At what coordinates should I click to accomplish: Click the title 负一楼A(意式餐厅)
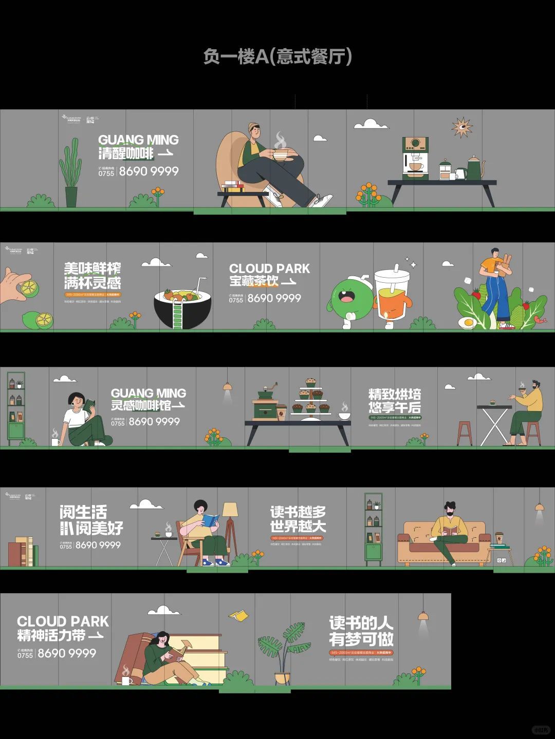click(277, 56)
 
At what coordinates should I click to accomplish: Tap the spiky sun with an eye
click(461, 127)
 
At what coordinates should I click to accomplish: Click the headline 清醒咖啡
click(126, 153)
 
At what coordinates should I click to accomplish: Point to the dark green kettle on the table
click(475, 168)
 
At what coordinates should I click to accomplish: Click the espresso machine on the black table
click(415, 158)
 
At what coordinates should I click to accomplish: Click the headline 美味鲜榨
click(92, 268)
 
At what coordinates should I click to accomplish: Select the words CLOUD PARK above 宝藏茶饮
click(269, 268)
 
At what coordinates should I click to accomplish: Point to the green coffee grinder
click(266, 405)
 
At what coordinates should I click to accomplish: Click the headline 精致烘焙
click(394, 394)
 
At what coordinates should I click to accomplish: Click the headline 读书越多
click(298, 512)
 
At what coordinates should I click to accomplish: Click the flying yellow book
click(238, 615)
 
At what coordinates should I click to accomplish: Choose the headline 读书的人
click(361, 623)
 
